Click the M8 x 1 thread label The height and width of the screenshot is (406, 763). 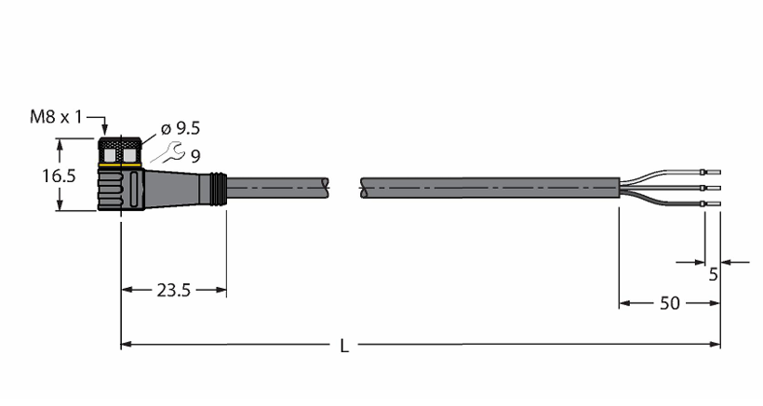[x=56, y=117]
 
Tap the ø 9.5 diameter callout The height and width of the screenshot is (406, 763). [x=181, y=128]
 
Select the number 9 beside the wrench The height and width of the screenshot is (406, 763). [x=195, y=156]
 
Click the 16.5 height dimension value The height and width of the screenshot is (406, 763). [x=59, y=176]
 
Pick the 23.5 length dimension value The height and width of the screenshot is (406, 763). [x=174, y=291]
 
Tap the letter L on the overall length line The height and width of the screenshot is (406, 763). [x=344, y=346]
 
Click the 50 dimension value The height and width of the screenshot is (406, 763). [x=670, y=303]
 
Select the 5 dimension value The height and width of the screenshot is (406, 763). [x=714, y=275]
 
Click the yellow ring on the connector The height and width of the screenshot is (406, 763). [x=120, y=166]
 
